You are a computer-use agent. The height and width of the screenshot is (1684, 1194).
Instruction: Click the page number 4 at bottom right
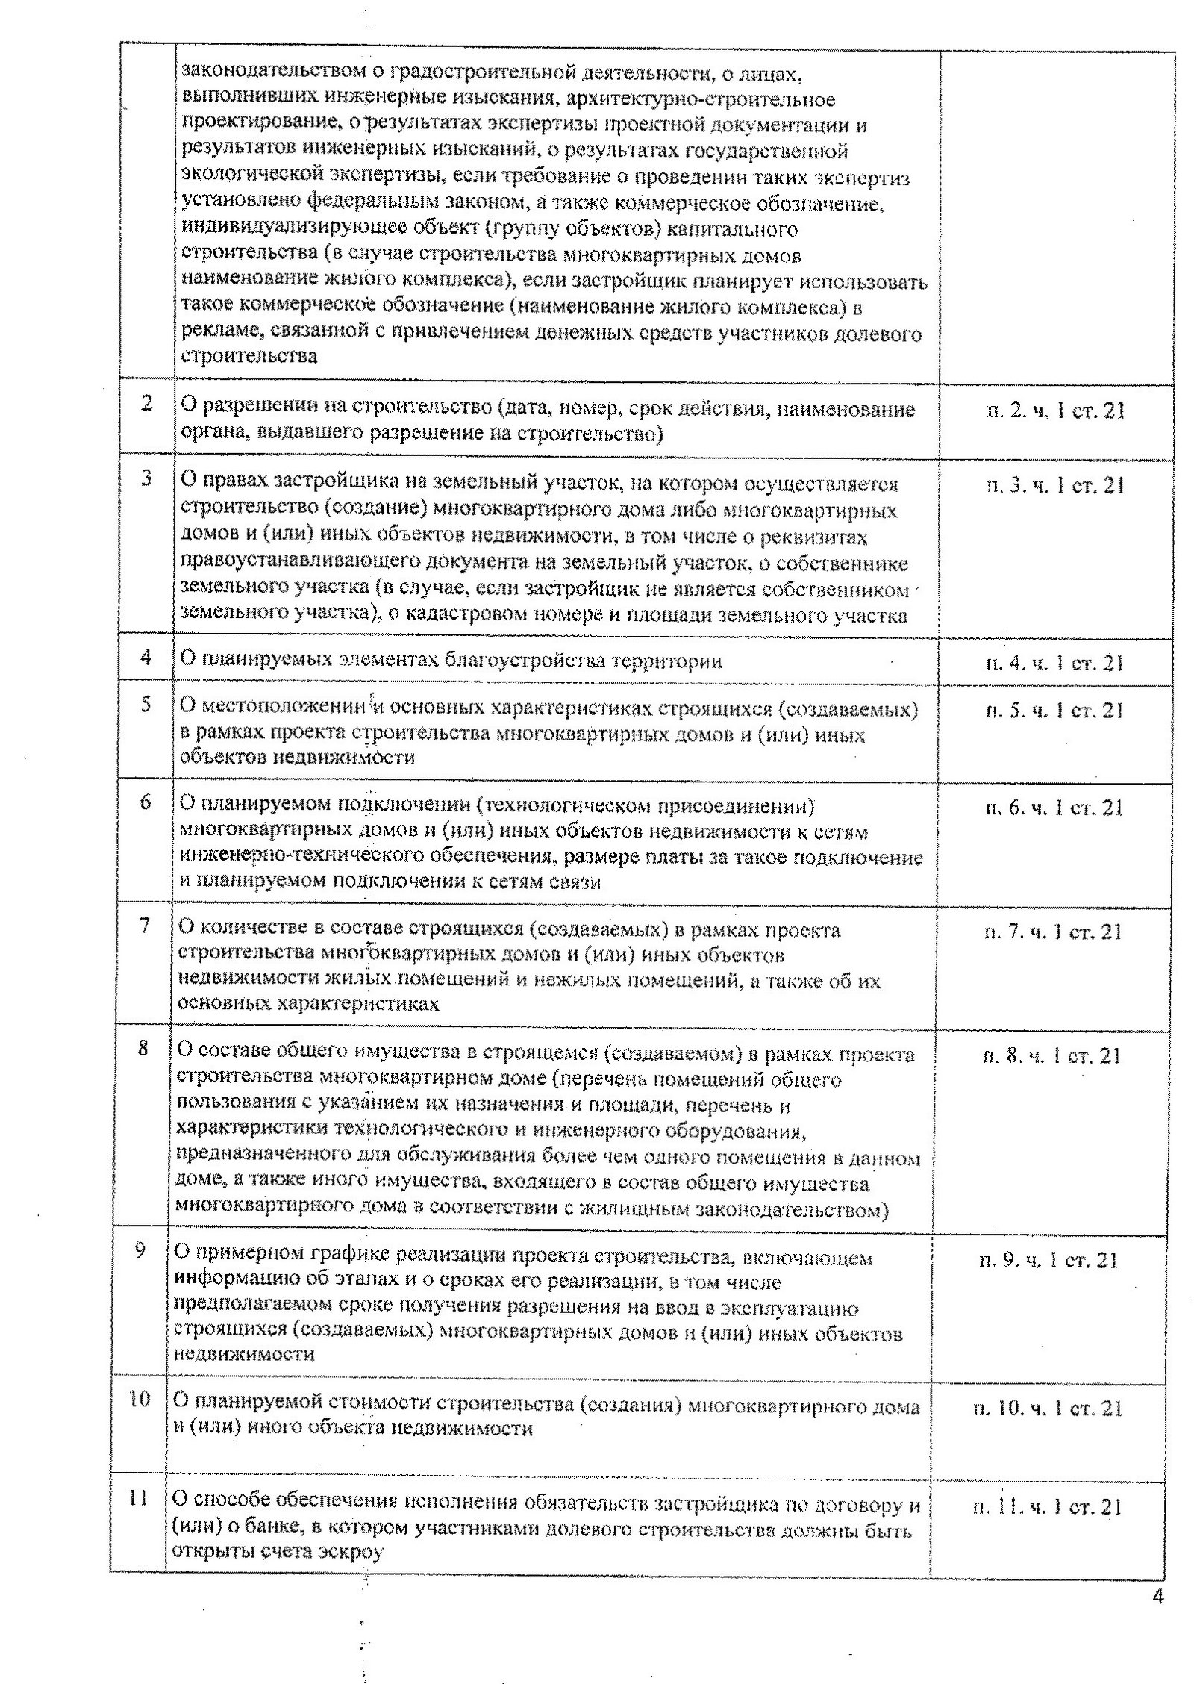click(x=1157, y=1598)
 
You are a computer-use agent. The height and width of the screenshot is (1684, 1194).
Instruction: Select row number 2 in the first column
click(x=146, y=404)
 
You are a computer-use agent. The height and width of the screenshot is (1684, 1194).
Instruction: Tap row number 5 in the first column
click(x=146, y=704)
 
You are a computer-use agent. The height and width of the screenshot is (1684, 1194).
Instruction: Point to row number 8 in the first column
click(x=143, y=1049)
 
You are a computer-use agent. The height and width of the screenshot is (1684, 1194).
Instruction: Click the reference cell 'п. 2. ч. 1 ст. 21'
click(x=1055, y=411)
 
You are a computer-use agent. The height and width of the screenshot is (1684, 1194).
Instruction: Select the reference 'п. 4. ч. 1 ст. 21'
click(x=1054, y=664)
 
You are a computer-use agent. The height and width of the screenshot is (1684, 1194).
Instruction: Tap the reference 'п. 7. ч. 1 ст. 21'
click(x=1054, y=932)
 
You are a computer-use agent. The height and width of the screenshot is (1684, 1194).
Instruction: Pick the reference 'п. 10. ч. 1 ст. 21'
click(x=1048, y=1409)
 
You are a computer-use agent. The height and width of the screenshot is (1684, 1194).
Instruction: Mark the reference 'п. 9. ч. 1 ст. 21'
click(x=1048, y=1261)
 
